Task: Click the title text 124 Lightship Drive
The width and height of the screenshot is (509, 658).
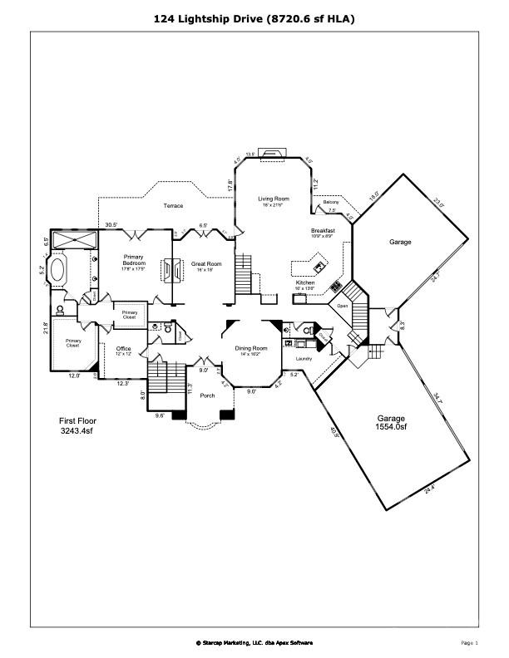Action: point(254,17)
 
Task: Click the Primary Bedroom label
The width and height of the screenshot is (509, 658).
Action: point(135,261)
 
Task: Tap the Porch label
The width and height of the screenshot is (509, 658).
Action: point(207,395)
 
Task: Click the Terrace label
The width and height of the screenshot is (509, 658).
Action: point(173,205)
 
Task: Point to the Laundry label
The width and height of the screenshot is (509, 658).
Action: point(304,358)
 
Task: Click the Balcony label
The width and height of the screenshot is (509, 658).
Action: point(330,203)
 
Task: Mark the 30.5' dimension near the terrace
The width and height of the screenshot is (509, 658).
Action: point(111,224)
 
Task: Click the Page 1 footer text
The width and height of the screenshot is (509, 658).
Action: point(469,642)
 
